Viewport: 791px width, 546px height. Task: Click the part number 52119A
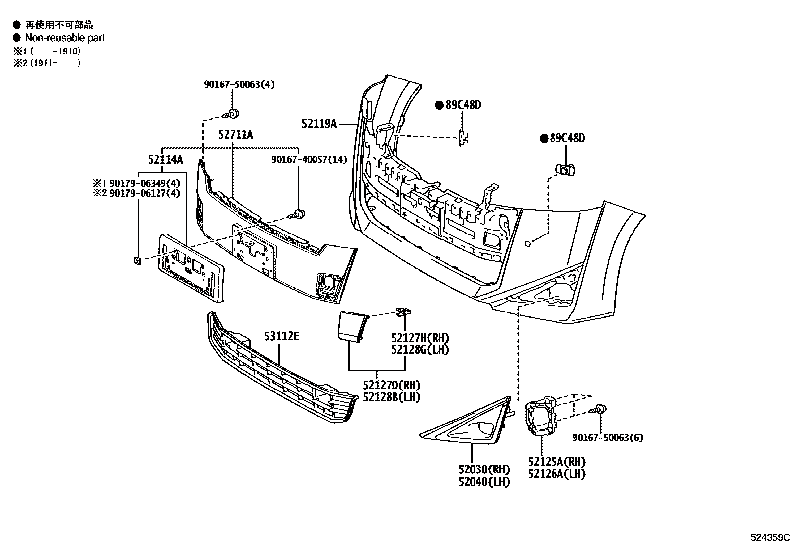(319, 124)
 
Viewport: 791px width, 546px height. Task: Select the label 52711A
(236, 135)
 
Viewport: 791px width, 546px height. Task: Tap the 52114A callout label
(165, 160)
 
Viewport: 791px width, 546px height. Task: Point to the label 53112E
(282, 336)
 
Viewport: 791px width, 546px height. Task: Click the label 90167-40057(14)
(309, 159)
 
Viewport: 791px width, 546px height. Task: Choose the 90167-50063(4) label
(239, 84)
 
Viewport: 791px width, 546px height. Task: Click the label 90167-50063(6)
(608, 438)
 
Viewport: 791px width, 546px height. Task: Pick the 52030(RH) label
(484, 469)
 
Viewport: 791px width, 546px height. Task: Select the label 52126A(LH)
(556, 474)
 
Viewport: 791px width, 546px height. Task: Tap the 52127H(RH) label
(420, 338)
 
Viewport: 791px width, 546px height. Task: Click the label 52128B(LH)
(392, 397)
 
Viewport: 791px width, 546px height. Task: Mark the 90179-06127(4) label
(145, 193)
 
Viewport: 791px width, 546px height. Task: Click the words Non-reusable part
(65, 38)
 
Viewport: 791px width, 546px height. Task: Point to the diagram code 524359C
(770, 537)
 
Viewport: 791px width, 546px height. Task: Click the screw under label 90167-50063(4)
(232, 114)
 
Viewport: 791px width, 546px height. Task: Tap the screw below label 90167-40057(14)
(297, 214)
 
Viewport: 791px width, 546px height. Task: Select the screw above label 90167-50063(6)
(598, 410)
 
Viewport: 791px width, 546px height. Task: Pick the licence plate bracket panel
(191, 268)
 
